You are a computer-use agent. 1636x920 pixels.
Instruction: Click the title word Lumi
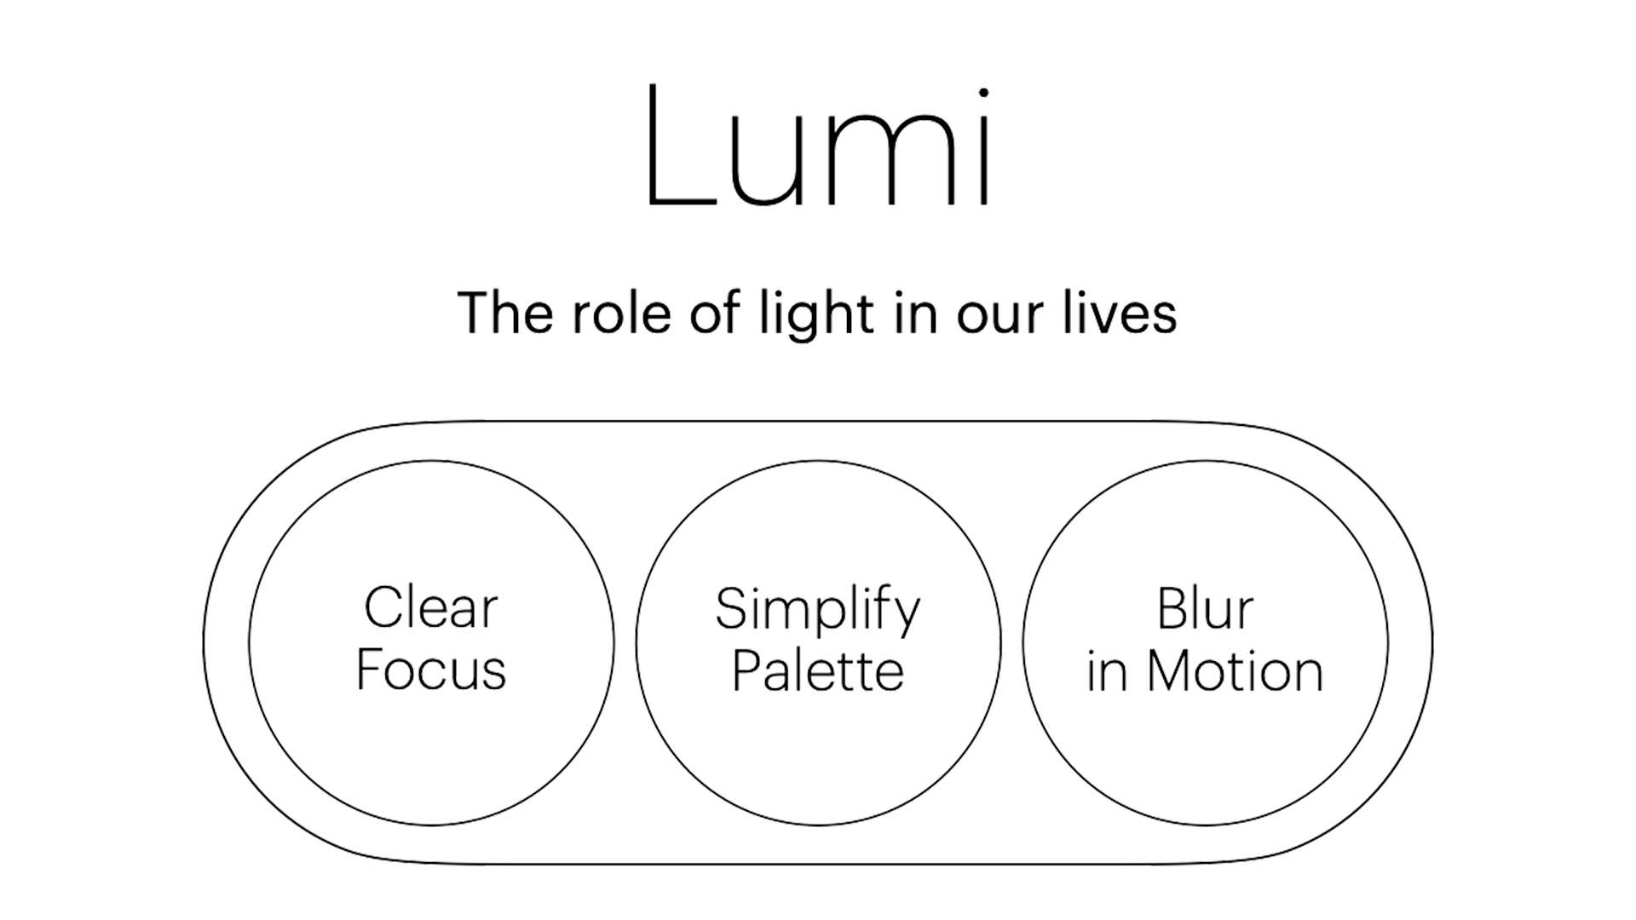(x=818, y=147)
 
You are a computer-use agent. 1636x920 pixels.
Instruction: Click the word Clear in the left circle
(x=431, y=608)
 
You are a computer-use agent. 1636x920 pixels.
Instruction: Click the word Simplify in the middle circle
(x=818, y=610)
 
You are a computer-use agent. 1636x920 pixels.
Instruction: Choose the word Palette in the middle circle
(x=818, y=670)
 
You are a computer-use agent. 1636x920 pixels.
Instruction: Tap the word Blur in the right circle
(x=1205, y=608)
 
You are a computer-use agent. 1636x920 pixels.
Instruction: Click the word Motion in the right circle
(x=1235, y=670)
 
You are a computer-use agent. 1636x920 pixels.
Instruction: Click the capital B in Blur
(x=1173, y=608)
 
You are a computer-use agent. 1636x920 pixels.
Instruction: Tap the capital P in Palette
(x=747, y=670)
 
